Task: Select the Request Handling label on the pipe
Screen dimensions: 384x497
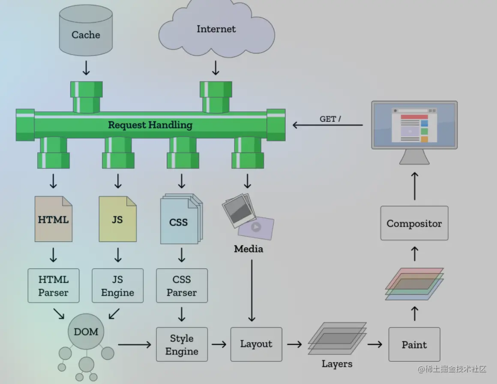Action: click(x=150, y=125)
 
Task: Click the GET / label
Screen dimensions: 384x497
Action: click(x=330, y=119)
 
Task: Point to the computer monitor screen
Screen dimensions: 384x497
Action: click(x=414, y=125)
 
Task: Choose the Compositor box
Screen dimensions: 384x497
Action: click(x=414, y=223)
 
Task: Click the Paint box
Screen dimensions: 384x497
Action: click(x=414, y=345)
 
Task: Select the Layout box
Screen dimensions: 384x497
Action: click(x=256, y=344)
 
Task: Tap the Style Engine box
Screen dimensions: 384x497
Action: click(x=182, y=345)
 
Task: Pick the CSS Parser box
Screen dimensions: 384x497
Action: click(x=182, y=286)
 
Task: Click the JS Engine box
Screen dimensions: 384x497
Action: click(x=117, y=286)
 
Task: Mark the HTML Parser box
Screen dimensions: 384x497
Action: click(x=53, y=286)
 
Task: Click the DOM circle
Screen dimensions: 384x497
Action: click(x=86, y=332)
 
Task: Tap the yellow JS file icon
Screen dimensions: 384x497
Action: click(x=117, y=219)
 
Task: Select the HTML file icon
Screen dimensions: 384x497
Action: click(x=53, y=219)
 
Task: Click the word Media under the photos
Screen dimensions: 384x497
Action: click(x=248, y=249)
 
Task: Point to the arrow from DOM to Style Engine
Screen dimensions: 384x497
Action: click(x=135, y=344)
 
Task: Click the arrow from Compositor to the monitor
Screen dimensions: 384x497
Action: click(x=414, y=186)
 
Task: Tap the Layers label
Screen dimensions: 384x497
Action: click(x=337, y=364)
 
